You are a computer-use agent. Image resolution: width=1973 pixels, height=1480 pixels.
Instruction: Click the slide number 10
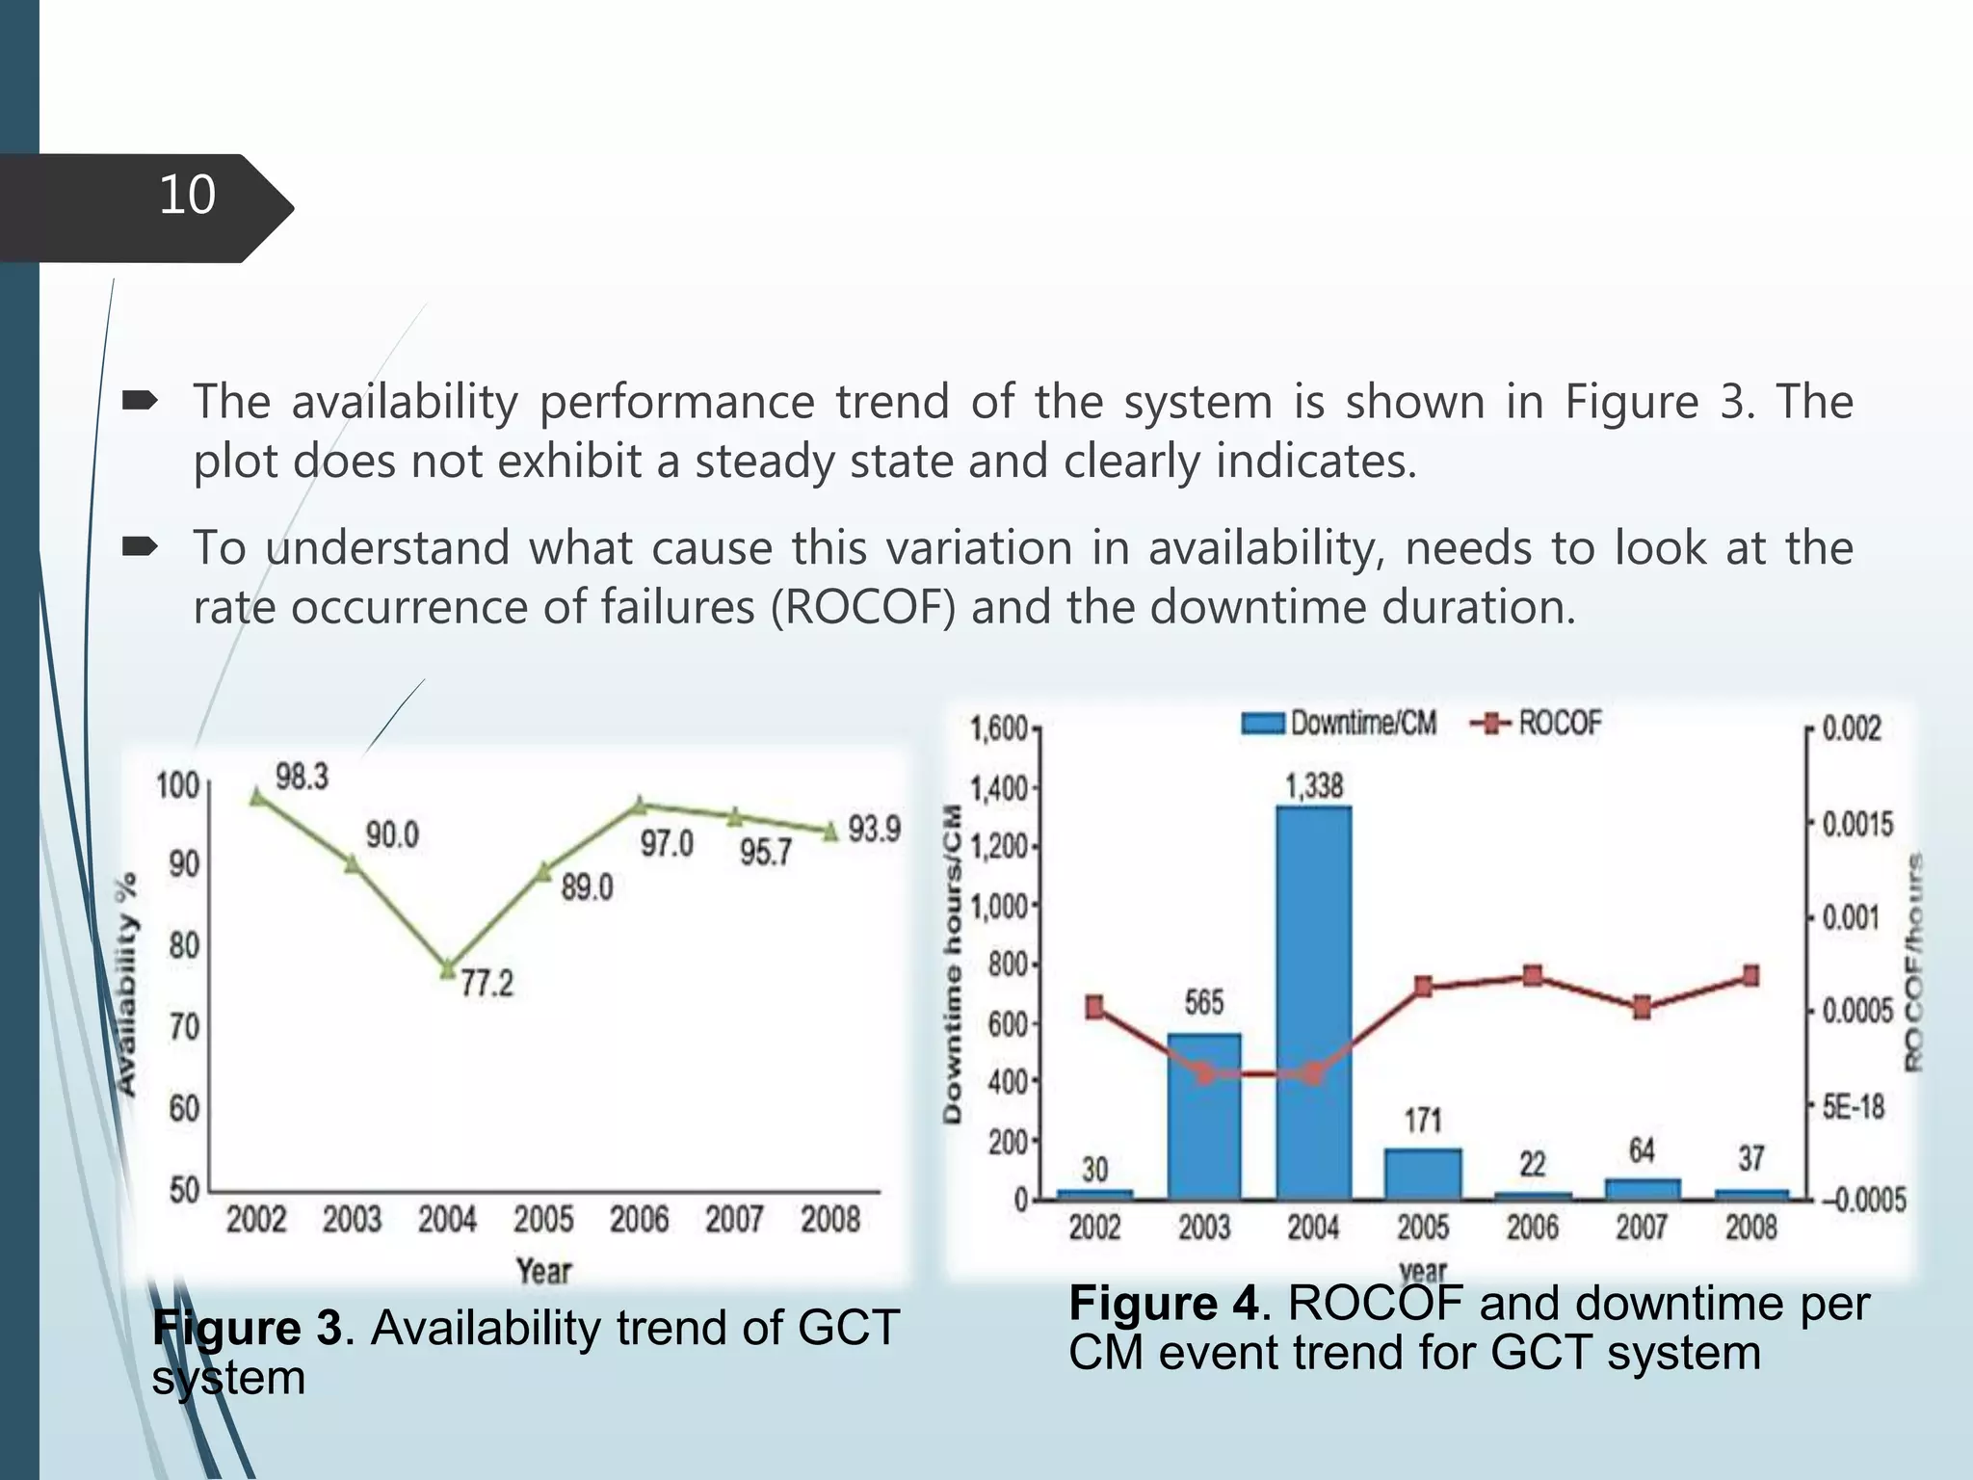tap(187, 196)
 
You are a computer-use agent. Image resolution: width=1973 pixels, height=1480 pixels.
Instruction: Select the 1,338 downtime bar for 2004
tap(1313, 1002)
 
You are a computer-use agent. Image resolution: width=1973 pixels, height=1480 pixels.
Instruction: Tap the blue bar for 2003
tap(1203, 1116)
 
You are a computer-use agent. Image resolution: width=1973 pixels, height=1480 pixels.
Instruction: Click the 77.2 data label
tap(487, 984)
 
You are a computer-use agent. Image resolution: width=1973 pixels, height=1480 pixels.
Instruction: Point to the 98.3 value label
tap(302, 777)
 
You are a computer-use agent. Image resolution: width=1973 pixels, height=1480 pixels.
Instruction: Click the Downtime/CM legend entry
tap(1339, 723)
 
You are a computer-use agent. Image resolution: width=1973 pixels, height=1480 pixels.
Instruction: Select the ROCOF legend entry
tap(1538, 723)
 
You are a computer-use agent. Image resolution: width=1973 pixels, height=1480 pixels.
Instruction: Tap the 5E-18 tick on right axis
tap(1853, 1107)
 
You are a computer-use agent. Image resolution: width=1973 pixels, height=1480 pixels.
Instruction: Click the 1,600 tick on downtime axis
tap(998, 728)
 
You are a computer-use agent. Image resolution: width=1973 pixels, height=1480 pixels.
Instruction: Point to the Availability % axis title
tap(126, 983)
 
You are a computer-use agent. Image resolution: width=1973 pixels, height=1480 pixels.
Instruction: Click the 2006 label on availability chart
tap(639, 1220)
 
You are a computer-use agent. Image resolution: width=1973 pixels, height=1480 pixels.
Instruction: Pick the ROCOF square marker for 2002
tap(1094, 1008)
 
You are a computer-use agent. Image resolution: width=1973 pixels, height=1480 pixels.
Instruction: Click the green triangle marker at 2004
tap(448, 969)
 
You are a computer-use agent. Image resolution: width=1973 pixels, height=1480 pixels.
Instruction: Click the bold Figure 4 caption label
tap(1163, 1304)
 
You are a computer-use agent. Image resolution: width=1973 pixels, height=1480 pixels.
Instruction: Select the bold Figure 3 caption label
tap(247, 1329)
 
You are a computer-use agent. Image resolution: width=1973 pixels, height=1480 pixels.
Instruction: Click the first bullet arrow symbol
tap(141, 401)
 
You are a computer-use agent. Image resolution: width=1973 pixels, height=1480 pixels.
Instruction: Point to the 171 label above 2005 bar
tap(1422, 1121)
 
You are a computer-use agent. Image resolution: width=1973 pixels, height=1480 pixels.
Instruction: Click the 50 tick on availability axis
tap(184, 1191)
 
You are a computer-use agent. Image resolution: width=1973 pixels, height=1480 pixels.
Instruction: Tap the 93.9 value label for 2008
tap(874, 829)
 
